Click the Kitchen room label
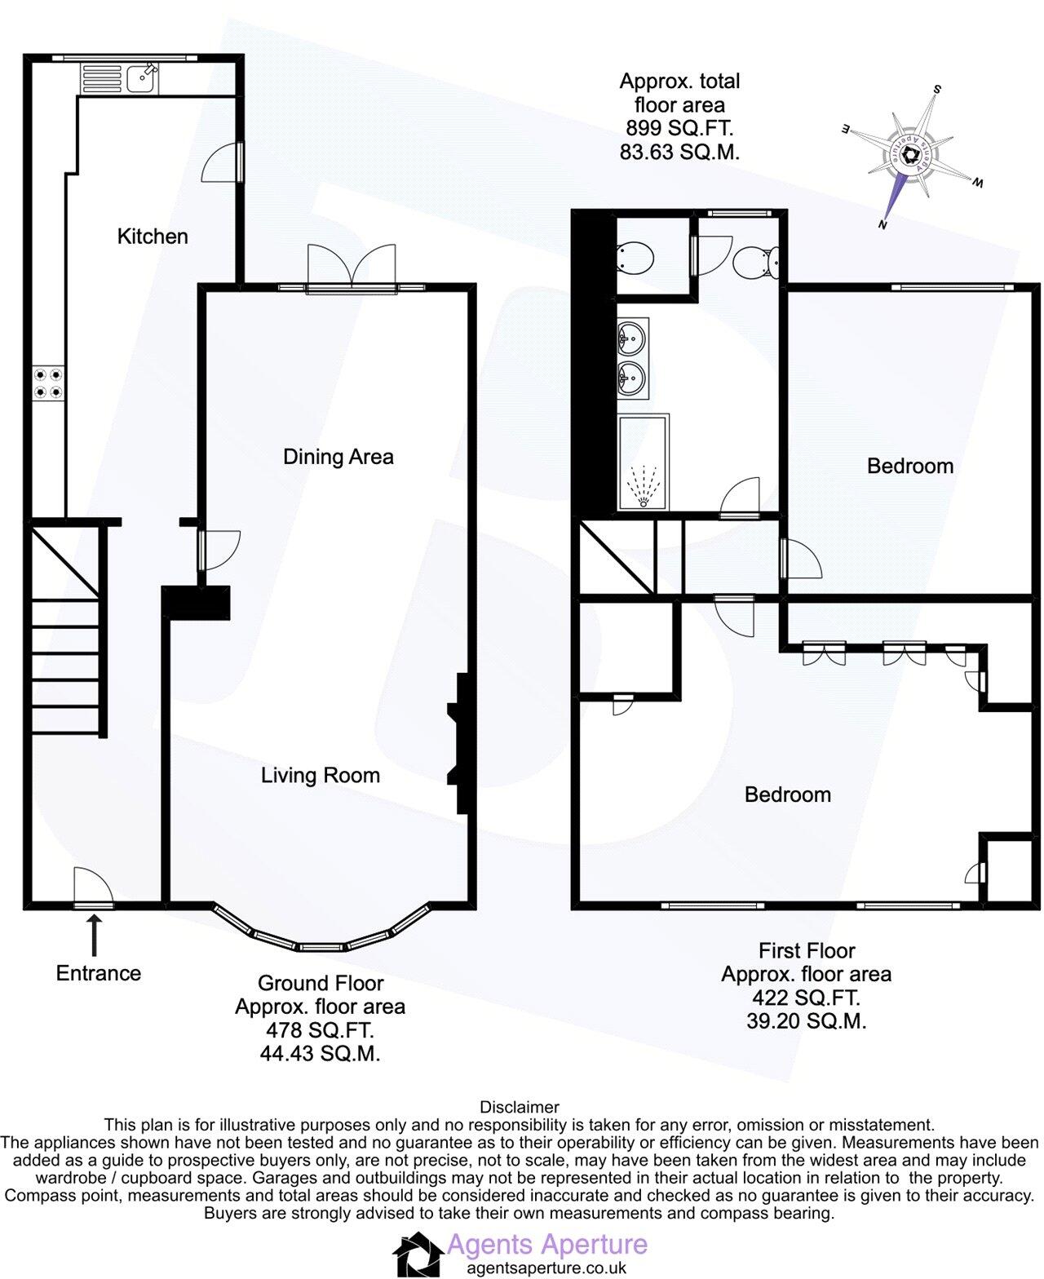pos(153,237)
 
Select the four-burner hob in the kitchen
pos(46,383)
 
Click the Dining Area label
pos(338,457)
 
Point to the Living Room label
pos(320,775)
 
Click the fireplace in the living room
pos(457,743)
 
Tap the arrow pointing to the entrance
pos(95,935)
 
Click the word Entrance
pos(98,973)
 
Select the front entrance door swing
pos(91,887)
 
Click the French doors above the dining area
pos(352,266)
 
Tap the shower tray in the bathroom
pos(643,462)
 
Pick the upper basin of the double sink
pos(633,335)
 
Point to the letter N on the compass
pos(882,224)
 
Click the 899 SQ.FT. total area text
pos(679,128)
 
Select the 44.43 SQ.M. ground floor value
pos(320,1053)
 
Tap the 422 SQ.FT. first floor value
pos(806,997)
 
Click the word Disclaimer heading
pos(520,1107)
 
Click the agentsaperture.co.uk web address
pos(546,1268)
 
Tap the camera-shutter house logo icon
pos(418,1254)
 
